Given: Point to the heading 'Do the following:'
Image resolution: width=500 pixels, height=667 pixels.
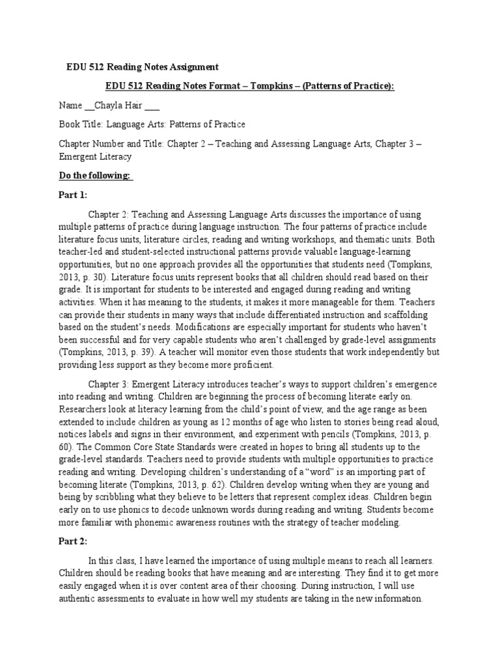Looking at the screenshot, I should (95, 176).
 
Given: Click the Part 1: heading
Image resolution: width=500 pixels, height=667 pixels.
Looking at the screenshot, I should (72, 195).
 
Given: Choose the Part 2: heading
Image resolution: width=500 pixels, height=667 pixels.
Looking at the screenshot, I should (72, 541).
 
